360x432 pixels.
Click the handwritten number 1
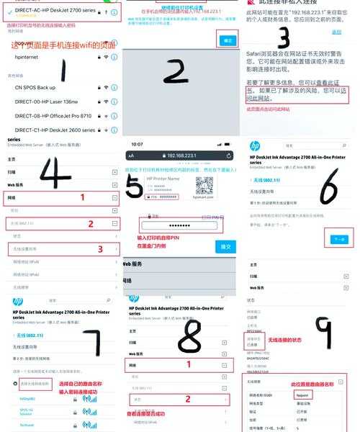coord(63,70)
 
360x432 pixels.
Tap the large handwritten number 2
coord(176,71)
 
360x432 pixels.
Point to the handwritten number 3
coord(284,37)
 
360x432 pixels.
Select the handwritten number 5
coord(134,186)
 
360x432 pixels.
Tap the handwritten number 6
coord(329,186)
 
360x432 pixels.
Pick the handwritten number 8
coord(189,336)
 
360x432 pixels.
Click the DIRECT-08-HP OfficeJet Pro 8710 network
coord(53,115)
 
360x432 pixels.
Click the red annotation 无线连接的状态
coord(288,340)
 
